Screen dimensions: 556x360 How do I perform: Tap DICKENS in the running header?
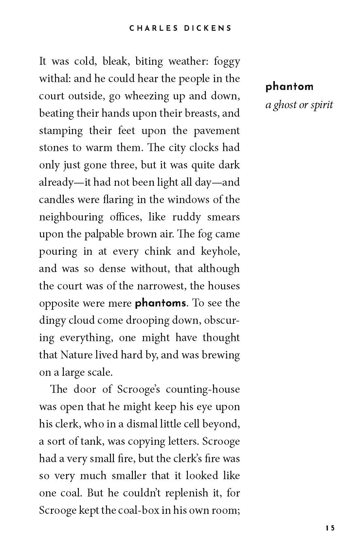pyautogui.click(x=207, y=28)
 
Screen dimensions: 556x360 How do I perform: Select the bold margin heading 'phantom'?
pyautogui.click(x=290, y=87)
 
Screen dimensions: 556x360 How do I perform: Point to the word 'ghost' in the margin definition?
pyautogui.click(x=284, y=105)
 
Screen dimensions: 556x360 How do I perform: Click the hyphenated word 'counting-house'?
pyautogui.click(x=203, y=390)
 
